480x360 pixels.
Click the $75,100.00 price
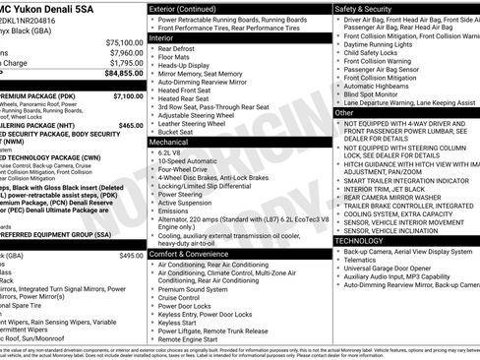coord(123,43)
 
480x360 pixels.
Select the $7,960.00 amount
coord(125,54)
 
